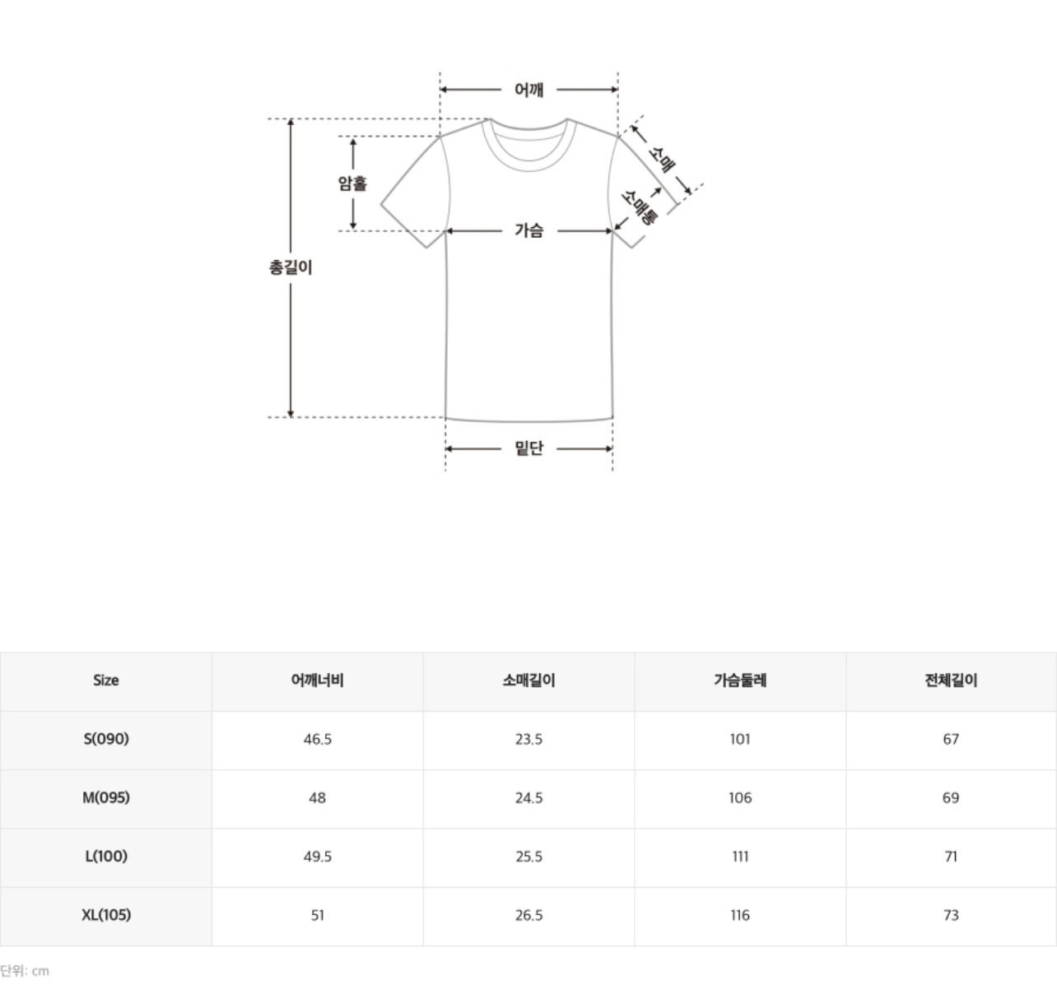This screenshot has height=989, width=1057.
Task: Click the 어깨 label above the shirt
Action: (528, 90)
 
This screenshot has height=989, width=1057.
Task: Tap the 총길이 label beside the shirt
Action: (291, 267)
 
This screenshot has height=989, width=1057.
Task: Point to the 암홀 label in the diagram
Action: (352, 183)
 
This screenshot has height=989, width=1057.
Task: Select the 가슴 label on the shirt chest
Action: (528, 230)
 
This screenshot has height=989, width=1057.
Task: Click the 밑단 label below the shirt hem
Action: (528, 448)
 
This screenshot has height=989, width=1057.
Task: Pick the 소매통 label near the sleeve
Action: (640, 207)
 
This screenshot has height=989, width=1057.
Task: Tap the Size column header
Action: (105, 680)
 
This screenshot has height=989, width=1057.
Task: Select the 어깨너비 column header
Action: (317, 680)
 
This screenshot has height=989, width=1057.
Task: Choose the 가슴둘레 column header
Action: (740, 680)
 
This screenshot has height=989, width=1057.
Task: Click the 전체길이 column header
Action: (951, 680)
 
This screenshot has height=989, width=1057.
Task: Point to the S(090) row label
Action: (106, 739)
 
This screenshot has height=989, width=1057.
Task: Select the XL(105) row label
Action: (106, 915)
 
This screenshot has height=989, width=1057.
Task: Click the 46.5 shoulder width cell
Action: (317, 739)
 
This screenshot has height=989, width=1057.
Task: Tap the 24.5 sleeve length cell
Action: (528, 798)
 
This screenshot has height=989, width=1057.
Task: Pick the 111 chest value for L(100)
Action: (740, 857)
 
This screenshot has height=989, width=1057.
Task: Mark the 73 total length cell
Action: (951, 915)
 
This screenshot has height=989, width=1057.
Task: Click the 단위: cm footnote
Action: (25, 971)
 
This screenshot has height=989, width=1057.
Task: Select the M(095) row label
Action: (106, 798)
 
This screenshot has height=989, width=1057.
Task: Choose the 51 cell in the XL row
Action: (317, 915)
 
